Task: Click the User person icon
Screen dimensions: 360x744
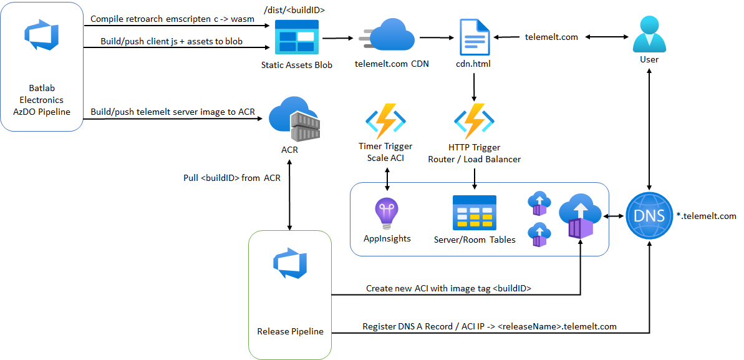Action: click(x=649, y=34)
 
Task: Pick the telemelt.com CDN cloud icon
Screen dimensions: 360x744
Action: click(x=387, y=36)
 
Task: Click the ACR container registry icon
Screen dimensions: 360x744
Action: click(x=294, y=120)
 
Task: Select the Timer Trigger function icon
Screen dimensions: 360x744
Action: click(x=385, y=120)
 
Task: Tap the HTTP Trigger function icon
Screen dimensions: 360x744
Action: click(x=474, y=120)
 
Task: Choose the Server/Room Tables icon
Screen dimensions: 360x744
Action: click(x=474, y=213)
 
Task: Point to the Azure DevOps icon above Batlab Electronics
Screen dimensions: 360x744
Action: click(x=41, y=36)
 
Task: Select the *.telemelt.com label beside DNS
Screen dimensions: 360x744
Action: click(x=706, y=216)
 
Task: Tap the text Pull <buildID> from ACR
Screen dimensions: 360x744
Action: click(x=232, y=178)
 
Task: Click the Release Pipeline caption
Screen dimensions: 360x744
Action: click(x=290, y=331)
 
